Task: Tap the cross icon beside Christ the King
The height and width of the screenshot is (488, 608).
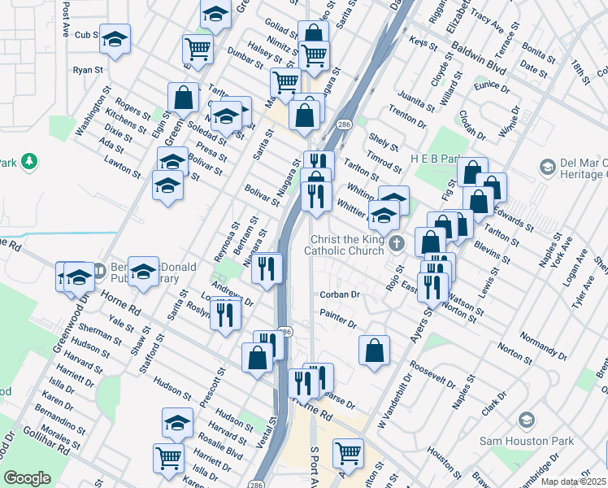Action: pyautogui.click(x=397, y=243)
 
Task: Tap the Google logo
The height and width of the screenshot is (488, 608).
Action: pyautogui.click(x=27, y=478)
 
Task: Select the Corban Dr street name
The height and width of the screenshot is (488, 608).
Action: pyautogui.click(x=339, y=294)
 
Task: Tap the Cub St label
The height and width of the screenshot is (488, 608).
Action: pyautogui.click(x=86, y=35)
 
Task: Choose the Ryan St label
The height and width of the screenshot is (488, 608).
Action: pyautogui.click(x=85, y=71)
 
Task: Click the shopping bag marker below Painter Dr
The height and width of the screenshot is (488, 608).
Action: pyautogui.click(x=374, y=351)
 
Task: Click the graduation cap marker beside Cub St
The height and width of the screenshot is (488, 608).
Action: pyautogui.click(x=115, y=39)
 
